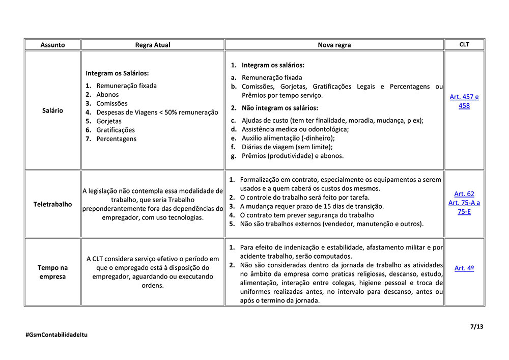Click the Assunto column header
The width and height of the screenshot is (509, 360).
[52, 45]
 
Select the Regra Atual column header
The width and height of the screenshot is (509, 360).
[153, 45]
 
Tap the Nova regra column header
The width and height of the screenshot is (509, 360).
[334, 45]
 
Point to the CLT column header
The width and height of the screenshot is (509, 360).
[464, 44]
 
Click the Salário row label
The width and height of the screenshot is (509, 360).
[52, 110]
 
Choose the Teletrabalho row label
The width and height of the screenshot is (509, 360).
[52, 204]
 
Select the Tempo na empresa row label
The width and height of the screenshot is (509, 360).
[52, 272]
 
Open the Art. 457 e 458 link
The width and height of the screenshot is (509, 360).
[464, 101]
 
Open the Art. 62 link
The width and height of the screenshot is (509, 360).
[464, 194]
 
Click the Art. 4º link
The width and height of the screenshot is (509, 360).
[464, 268]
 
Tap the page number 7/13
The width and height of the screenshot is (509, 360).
[476, 326]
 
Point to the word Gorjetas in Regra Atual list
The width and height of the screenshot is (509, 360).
[109, 121]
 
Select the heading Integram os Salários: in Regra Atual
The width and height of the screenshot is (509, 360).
[117, 73]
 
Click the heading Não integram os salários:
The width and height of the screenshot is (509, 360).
[279, 108]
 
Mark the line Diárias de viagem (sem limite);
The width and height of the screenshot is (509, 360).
[287, 147]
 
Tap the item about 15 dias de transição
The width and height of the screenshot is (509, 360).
[312, 206]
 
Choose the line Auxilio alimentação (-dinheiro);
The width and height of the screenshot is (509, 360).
[288, 138]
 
